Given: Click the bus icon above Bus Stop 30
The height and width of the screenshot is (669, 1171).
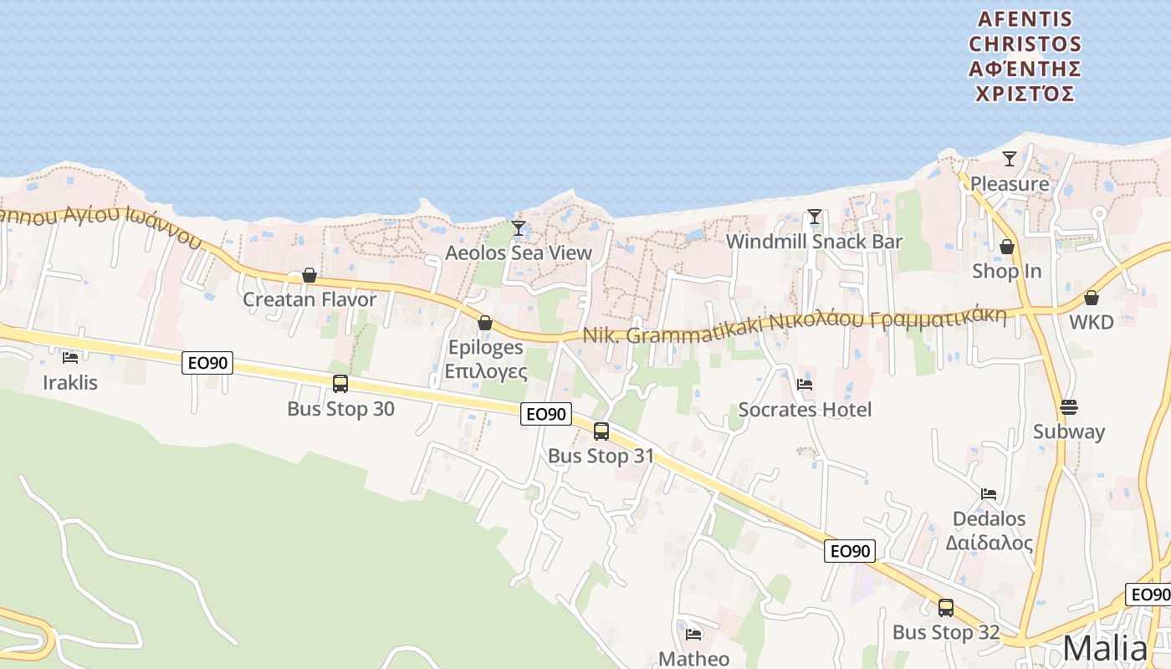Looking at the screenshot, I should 340,384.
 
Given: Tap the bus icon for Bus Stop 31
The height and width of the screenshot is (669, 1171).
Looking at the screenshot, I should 601,432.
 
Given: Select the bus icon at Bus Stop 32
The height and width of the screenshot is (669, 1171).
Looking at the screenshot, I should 946,608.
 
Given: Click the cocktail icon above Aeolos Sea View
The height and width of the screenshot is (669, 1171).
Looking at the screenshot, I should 519,227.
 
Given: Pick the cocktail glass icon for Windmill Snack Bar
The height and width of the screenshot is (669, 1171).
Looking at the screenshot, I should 814,217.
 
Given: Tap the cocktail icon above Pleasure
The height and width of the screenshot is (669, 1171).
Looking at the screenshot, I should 1010,158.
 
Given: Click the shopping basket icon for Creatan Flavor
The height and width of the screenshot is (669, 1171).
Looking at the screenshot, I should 309,275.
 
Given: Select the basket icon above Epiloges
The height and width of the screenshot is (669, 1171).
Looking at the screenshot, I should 485,323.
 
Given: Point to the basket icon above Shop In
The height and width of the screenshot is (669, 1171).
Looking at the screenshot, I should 1007,247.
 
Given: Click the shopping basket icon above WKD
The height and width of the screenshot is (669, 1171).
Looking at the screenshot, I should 1092,297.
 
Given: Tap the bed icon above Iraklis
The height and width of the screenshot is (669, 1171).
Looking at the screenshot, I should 70,358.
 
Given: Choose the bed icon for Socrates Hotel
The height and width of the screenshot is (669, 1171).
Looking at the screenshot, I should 805,385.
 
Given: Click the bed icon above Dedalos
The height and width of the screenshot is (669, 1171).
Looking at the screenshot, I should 989,494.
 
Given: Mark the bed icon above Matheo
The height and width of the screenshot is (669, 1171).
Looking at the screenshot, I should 693,634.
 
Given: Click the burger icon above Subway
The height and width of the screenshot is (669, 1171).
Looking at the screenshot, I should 1069,407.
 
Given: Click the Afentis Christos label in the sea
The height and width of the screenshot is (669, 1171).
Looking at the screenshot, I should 1025,56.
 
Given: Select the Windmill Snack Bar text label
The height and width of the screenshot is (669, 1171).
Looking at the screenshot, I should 814,242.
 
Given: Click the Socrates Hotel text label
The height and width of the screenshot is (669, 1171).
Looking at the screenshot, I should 805,410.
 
